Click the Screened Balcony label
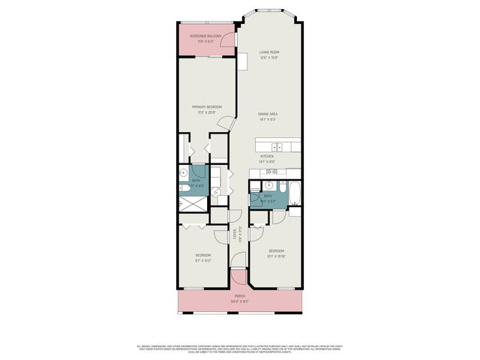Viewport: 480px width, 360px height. coord(205,38)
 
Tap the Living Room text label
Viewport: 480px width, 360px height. coord(268,55)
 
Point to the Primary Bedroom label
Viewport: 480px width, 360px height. coord(206,109)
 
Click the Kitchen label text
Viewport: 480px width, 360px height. coord(267,158)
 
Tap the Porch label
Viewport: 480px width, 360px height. coord(240,298)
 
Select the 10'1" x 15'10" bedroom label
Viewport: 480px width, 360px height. coord(277,253)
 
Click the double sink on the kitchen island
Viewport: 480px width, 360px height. coord(277,147)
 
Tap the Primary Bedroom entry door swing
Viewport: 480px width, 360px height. coord(223,124)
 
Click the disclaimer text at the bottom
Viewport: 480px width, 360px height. coord(240,349)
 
